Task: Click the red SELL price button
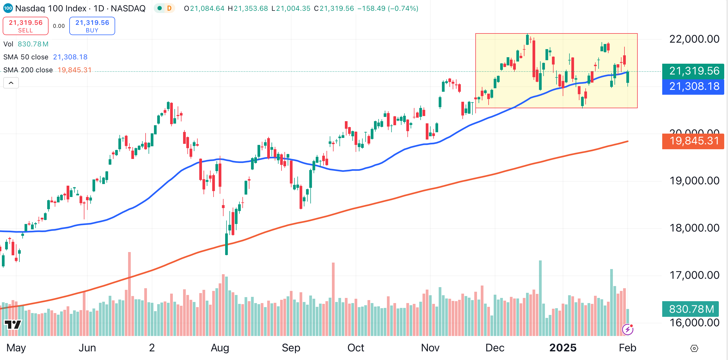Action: click(25, 26)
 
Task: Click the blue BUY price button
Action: click(92, 26)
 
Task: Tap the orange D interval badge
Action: click(169, 8)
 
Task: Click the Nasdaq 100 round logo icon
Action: click(8, 8)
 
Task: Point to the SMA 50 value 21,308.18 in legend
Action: click(70, 57)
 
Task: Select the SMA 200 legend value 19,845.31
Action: click(74, 70)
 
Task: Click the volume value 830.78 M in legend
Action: click(33, 44)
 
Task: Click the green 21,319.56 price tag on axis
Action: click(694, 71)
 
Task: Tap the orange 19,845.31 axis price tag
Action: click(694, 141)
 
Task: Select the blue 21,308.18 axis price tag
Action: click(694, 86)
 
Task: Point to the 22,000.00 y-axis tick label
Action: click(694, 39)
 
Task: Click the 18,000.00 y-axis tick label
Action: click(694, 228)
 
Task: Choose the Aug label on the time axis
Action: click(220, 348)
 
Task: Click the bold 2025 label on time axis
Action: click(563, 348)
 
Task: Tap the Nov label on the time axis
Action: click(430, 348)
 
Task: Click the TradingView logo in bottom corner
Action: click(13, 324)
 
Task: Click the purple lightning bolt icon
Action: click(628, 330)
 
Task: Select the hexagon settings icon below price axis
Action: click(694, 348)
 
